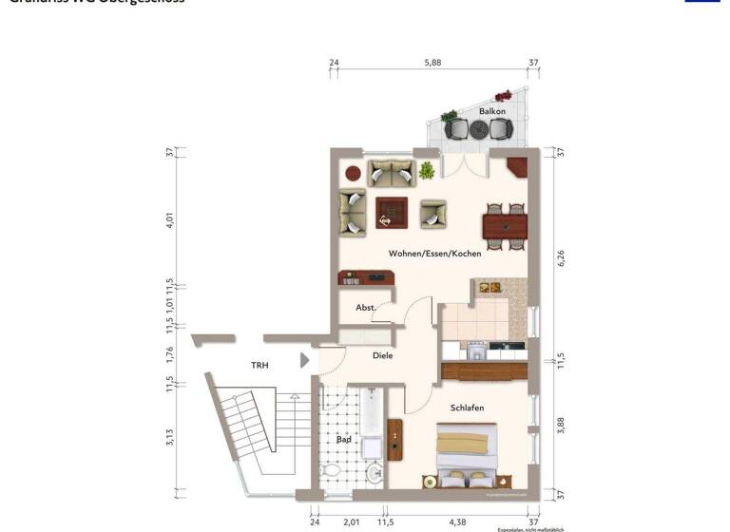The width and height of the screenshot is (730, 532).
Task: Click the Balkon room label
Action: [x=491, y=111]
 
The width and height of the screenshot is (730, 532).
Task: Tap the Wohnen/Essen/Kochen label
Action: [x=434, y=254]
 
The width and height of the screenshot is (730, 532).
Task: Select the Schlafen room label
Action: [x=467, y=408]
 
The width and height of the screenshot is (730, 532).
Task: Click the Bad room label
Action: [x=344, y=440]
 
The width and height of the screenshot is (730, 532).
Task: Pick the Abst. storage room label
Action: [x=366, y=308]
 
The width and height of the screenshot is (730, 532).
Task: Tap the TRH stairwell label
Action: [x=259, y=365]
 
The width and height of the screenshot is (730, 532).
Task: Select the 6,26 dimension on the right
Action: [x=561, y=258]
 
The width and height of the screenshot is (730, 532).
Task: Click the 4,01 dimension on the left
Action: [x=170, y=221]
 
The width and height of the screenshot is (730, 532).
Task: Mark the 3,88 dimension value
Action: [x=561, y=427]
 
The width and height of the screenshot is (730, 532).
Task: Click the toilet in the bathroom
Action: [x=333, y=472]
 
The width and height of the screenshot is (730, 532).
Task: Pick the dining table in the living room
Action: [x=505, y=225]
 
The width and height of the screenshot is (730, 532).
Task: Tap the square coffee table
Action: [x=391, y=212]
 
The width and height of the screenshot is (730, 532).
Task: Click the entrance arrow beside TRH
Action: [x=304, y=360]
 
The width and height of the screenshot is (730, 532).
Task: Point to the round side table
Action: [x=353, y=174]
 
